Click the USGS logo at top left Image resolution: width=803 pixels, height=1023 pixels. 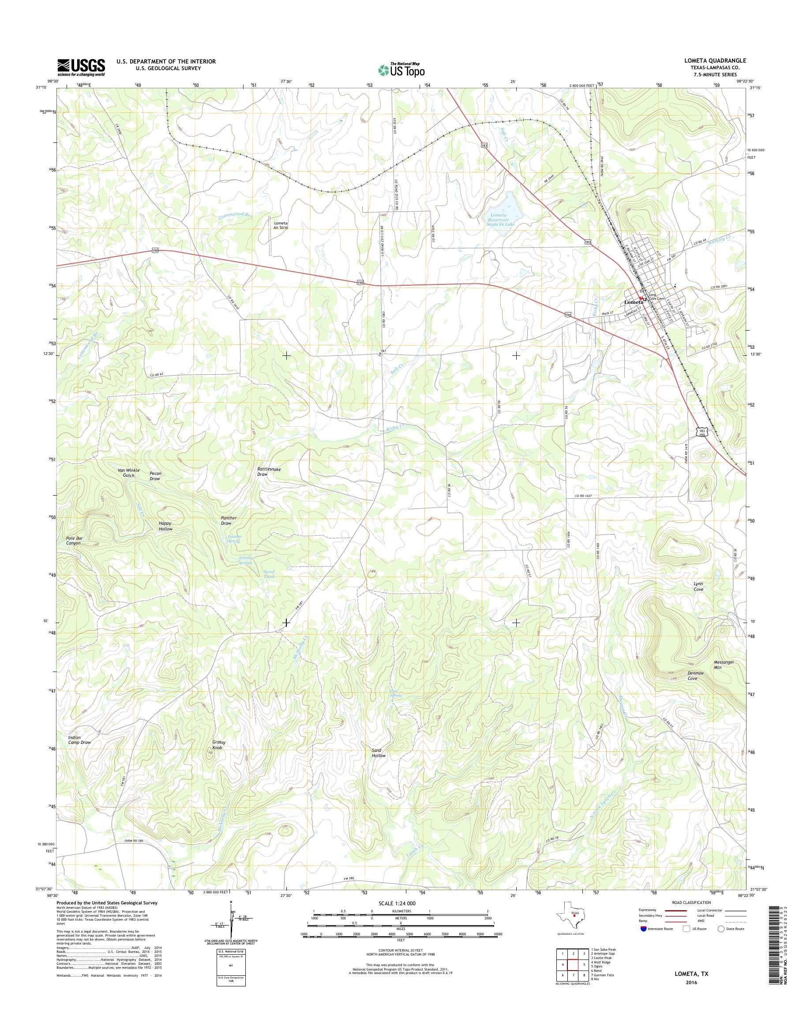[81, 67]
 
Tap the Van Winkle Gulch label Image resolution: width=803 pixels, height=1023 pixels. [128, 473]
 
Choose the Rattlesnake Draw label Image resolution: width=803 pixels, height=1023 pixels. [269, 472]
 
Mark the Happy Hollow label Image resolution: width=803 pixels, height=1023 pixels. [165, 526]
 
